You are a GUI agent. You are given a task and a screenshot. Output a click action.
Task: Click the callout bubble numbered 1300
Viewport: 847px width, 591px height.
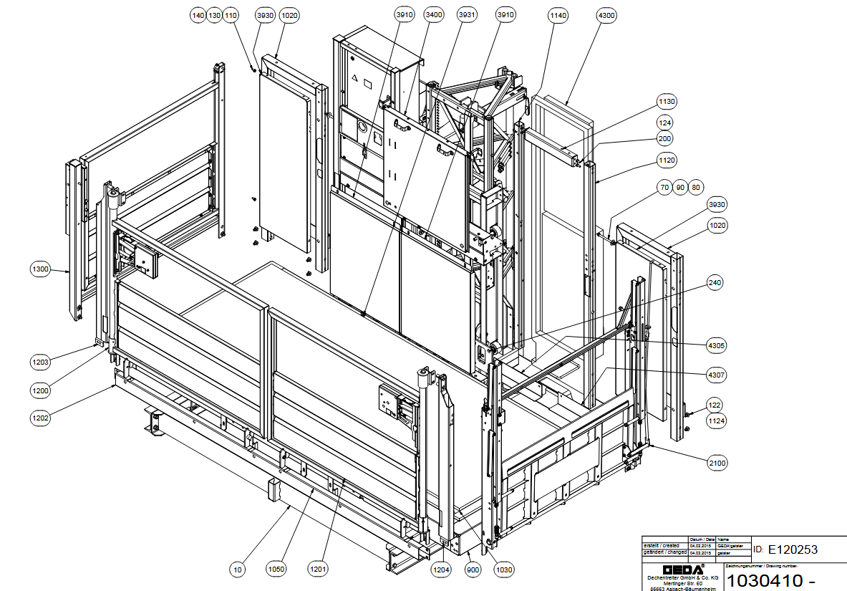pyautogui.click(x=40, y=269)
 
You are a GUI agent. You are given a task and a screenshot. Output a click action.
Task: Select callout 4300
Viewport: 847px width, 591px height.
pyautogui.click(x=606, y=15)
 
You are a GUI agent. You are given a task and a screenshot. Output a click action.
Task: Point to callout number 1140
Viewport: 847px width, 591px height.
pyautogui.click(x=557, y=15)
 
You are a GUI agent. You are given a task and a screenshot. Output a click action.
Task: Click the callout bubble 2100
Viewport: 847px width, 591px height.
pyautogui.click(x=717, y=463)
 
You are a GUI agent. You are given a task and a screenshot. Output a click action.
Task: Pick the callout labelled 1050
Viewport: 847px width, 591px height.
pyautogui.click(x=276, y=570)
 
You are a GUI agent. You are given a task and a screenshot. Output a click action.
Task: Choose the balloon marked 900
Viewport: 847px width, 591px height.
pyautogui.click(x=473, y=570)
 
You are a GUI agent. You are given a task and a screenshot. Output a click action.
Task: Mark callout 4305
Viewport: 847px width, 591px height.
pyautogui.click(x=717, y=345)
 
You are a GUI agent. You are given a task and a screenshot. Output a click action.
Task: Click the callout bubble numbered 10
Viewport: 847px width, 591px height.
pyautogui.click(x=238, y=570)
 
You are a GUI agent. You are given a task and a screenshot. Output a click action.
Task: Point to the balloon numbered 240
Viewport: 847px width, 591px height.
pyautogui.click(x=714, y=283)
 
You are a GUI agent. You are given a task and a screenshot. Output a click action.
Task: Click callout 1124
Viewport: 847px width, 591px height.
pyautogui.click(x=717, y=421)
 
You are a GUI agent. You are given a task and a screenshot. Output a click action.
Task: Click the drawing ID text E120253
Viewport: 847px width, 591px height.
pyautogui.click(x=793, y=549)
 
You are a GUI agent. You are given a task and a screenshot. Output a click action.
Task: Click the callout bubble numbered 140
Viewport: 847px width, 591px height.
pyautogui.click(x=198, y=15)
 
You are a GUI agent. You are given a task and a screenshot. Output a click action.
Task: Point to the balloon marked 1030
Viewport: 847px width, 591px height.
pyautogui.click(x=504, y=570)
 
